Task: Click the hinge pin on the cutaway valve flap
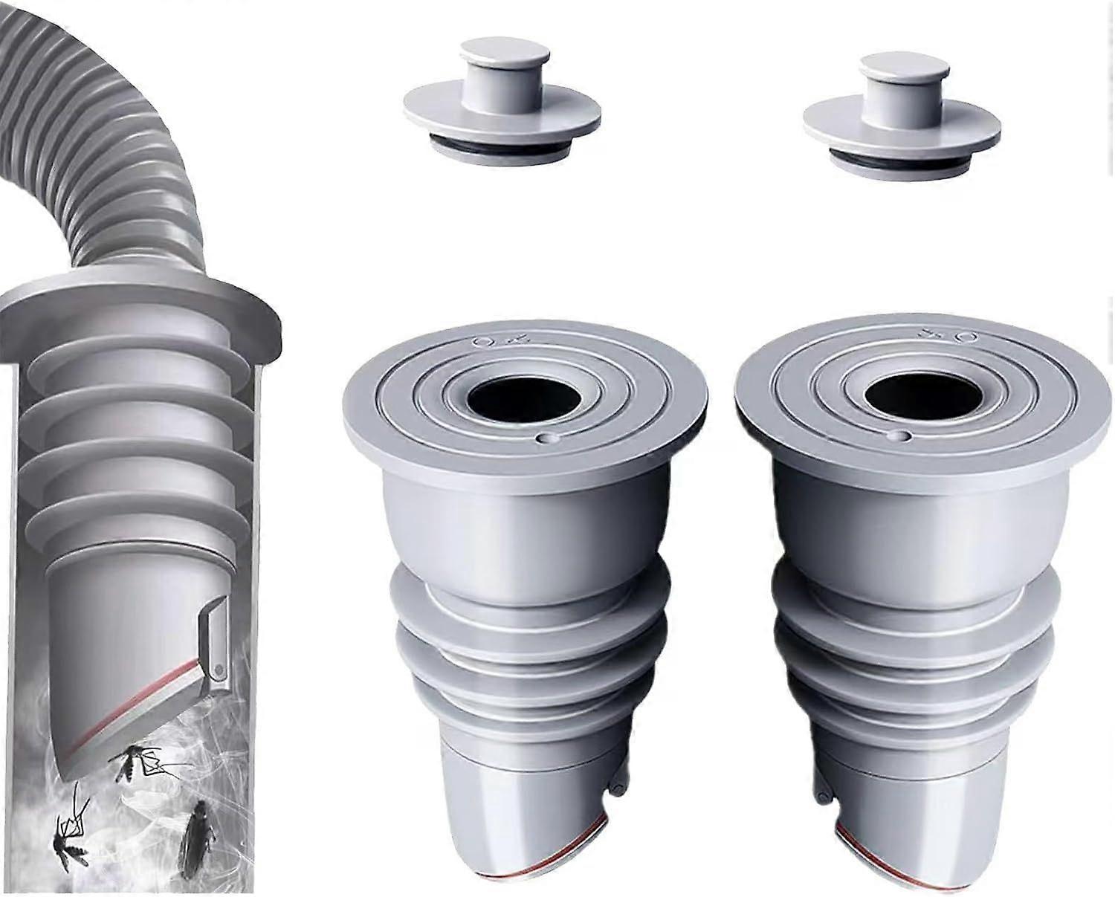218,670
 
